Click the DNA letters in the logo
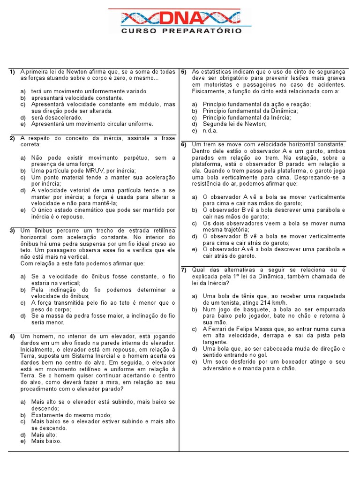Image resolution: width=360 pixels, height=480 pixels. click(x=180, y=19)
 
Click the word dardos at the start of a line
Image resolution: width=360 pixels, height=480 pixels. click(x=30, y=343)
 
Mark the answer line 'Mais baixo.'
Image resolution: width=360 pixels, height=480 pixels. click(x=46, y=441)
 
